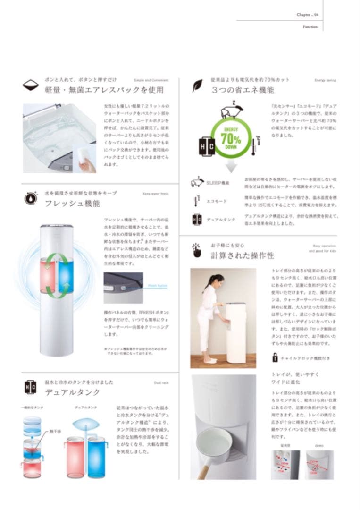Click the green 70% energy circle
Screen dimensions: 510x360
point(231,139)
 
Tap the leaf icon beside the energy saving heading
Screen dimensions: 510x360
point(197,86)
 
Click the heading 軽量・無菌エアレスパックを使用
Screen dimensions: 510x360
point(104,90)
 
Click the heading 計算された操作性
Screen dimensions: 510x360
point(242,255)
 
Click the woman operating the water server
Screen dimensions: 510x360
point(208,316)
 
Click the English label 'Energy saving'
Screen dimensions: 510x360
point(325,80)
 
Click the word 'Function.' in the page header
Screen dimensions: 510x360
point(310,27)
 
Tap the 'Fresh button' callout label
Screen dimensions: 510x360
point(157,286)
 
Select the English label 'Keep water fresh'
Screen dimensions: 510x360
point(154,194)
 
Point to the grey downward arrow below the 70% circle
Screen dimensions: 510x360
point(231,165)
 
